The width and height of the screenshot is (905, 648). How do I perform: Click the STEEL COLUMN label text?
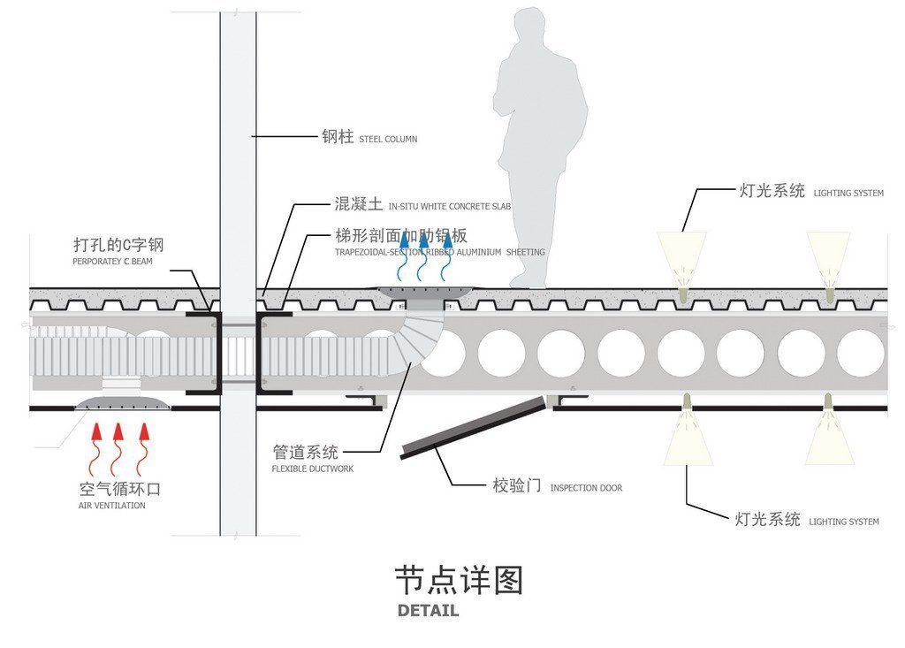tap(388, 139)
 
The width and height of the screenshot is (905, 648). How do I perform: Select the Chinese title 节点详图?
tap(458, 581)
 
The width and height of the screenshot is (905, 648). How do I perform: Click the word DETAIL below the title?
tap(428, 610)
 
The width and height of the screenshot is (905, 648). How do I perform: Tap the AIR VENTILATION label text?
tap(112, 506)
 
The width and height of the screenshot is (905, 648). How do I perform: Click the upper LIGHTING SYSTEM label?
tap(848, 193)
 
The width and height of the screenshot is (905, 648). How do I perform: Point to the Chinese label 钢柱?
tap(337, 137)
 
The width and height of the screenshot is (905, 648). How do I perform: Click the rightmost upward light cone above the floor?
tap(828, 256)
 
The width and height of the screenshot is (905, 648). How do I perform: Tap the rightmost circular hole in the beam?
tap(860, 354)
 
